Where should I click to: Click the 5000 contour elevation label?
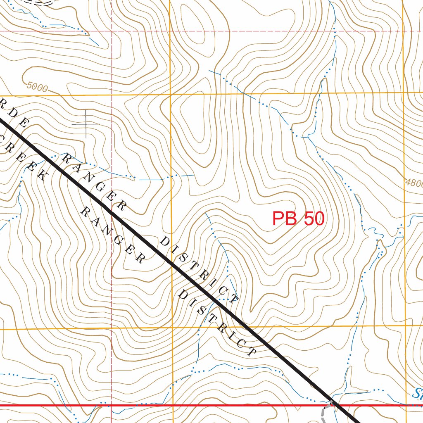click(x=37, y=87)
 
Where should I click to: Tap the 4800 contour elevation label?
click(x=414, y=183)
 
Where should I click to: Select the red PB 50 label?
click(x=298, y=219)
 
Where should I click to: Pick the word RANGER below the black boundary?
click(x=112, y=235)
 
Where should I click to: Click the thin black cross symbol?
click(x=86, y=124)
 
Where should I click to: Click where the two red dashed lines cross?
click(x=112, y=31)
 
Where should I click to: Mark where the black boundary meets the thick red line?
click(x=335, y=405)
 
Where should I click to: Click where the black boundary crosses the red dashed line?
click(x=112, y=213)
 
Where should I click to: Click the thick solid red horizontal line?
click(x=207, y=405)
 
